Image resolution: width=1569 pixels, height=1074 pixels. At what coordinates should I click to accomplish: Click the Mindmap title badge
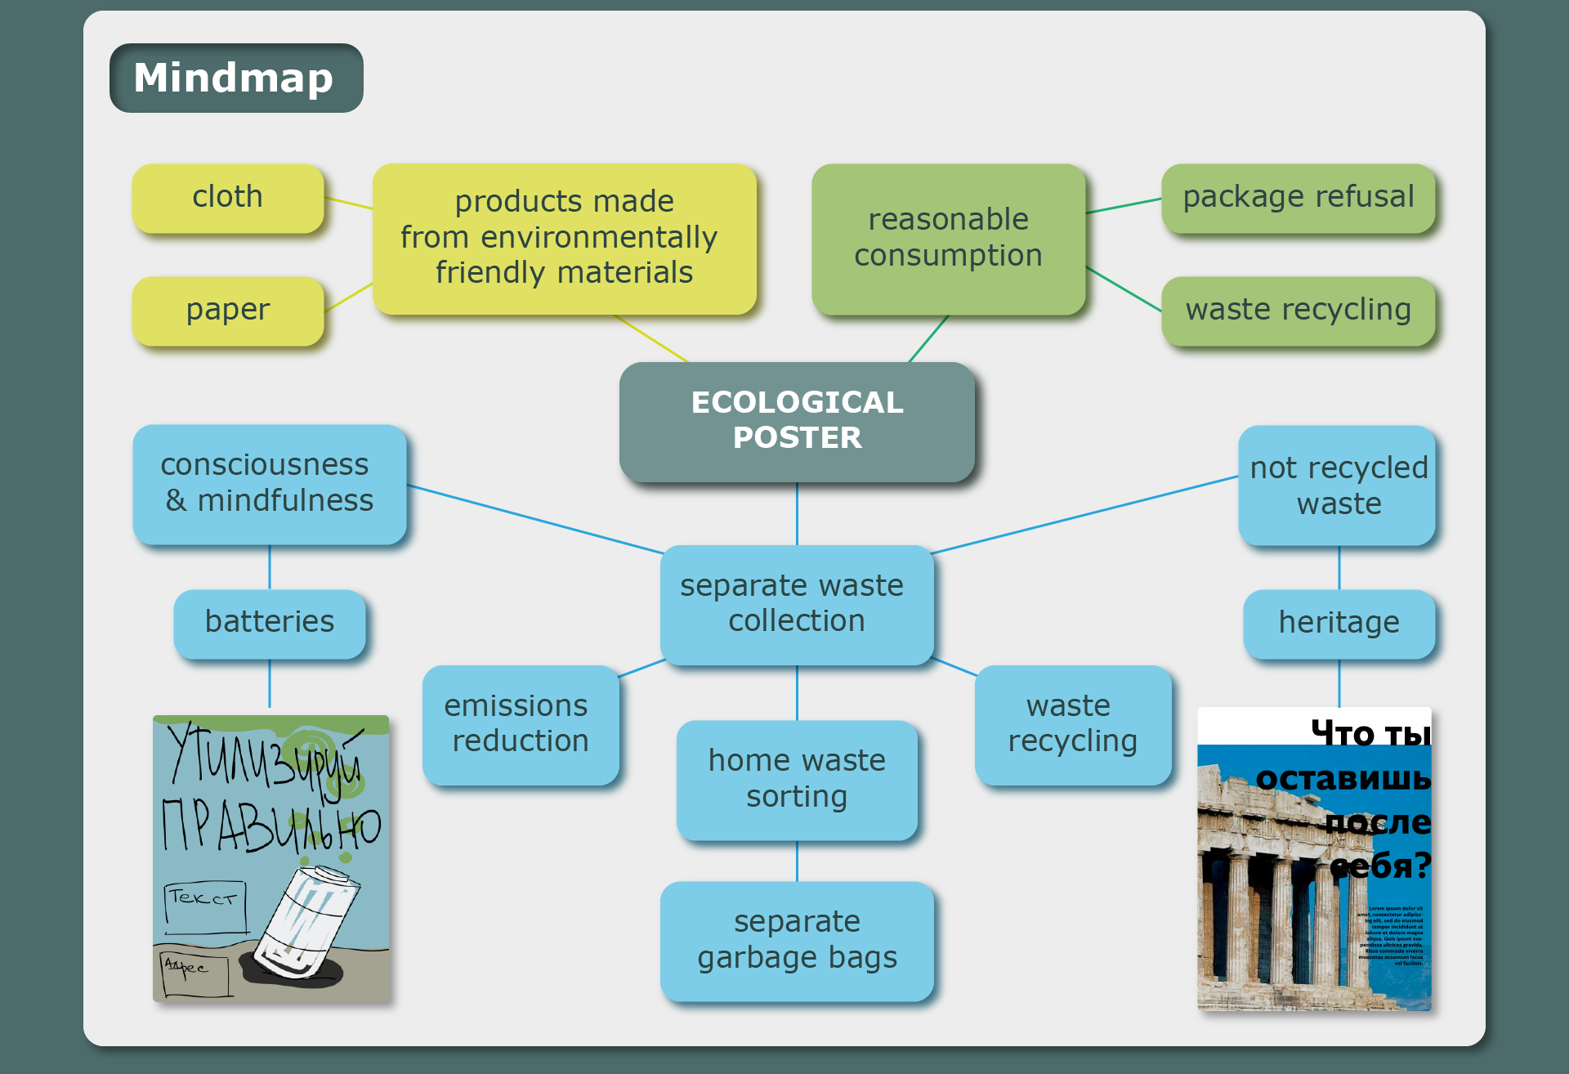click(x=236, y=78)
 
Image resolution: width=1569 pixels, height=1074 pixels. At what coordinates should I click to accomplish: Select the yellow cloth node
click(x=228, y=198)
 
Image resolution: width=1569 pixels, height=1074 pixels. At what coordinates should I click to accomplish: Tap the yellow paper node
click(x=228, y=311)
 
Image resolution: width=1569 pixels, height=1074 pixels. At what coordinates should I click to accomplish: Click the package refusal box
click(x=1298, y=198)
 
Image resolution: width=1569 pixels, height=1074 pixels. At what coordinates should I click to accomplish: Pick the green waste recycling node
click(x=1298, y=311)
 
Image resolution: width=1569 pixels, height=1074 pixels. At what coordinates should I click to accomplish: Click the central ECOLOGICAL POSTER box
click(x=797, y=421)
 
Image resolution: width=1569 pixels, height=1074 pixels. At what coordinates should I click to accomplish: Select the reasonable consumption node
click(x=948, y=238)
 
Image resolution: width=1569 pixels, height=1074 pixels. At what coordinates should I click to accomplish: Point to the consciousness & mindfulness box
click(x=269, y=484)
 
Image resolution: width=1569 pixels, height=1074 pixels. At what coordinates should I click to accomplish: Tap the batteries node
click(x=269, y=623)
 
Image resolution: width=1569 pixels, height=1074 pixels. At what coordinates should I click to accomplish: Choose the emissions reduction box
click(x=520, y=724)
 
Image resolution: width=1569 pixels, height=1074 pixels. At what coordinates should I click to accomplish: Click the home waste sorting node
click(x=797, y=779)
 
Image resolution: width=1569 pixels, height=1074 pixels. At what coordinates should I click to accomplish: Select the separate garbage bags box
click(x=797, y=940)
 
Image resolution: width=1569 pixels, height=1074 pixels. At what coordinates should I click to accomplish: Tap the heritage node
click(x=1339, y=623)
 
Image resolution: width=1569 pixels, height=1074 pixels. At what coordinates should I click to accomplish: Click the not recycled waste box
click(x=1337, y=486)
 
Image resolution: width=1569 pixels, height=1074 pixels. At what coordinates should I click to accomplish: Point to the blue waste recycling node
click(x=1072, y=724)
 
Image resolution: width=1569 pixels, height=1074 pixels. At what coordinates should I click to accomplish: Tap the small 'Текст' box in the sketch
click(x=205, y=906)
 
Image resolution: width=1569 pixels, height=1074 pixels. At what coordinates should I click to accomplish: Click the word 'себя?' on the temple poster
click(x=1381, y=866)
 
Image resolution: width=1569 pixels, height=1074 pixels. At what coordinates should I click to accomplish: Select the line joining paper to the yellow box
click(x=349, y=298)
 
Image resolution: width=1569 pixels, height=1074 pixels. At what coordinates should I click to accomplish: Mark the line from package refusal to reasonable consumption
click(x=1124, y=206)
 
